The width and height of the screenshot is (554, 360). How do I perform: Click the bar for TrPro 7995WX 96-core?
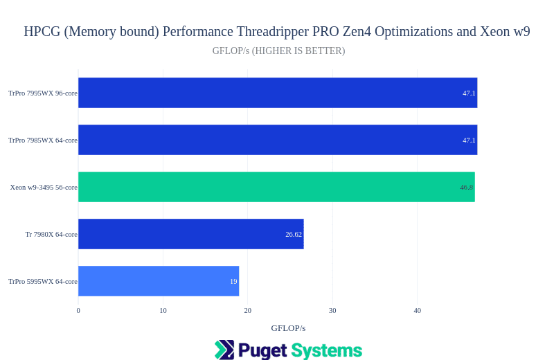[x=277, y=93]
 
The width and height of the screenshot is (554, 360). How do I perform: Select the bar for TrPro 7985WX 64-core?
[x=277, y=140]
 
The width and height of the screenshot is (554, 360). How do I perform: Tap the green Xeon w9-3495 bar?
[x=276, y=187]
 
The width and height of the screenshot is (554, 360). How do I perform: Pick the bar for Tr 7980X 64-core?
[x=190, y=234]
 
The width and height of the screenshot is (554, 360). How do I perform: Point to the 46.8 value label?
[x=466, y=188]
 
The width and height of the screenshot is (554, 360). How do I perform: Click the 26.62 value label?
[x=294, y=235]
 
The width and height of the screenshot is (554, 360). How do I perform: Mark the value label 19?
[x=233, y=282]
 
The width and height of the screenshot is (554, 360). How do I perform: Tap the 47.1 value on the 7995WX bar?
[x=469, y=93]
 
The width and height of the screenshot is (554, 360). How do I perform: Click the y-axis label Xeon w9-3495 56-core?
[x=44, y=188]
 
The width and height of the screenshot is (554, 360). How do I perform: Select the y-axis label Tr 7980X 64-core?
[x=51, y=235]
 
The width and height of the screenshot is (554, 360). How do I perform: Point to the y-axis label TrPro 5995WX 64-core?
[x=43, y=282]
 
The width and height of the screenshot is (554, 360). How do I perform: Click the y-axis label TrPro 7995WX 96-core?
[x=43, y=93]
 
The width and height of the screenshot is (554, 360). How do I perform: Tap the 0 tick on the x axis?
[x=78, y=311]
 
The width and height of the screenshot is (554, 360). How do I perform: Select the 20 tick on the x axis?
[x=248, y=311]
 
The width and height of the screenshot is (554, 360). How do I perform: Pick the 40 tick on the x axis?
[x=418, y=311]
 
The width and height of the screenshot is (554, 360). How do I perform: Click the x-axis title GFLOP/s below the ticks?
[x=288, y=328]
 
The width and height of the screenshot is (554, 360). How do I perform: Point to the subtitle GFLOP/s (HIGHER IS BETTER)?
[x=278, y=51]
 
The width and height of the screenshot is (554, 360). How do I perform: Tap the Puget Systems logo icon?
[x=224, y=350]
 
